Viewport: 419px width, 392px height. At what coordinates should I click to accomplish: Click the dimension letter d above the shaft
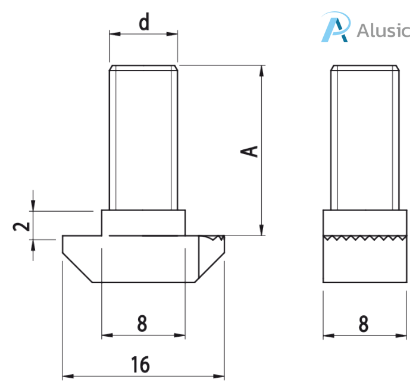143,23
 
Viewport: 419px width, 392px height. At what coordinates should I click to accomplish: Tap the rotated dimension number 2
21,226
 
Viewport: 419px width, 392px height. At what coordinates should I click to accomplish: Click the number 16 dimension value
141,364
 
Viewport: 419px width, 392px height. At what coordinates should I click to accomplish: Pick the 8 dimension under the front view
142,324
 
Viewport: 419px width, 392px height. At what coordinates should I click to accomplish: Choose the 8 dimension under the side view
364,324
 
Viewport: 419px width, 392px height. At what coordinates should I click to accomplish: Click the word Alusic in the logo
383,30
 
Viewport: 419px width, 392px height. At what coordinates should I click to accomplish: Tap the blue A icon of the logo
334,28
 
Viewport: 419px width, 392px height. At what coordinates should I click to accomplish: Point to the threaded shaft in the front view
143,137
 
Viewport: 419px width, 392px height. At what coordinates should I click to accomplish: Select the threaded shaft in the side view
364,137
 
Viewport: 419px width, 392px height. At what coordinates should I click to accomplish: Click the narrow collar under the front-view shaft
143,222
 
